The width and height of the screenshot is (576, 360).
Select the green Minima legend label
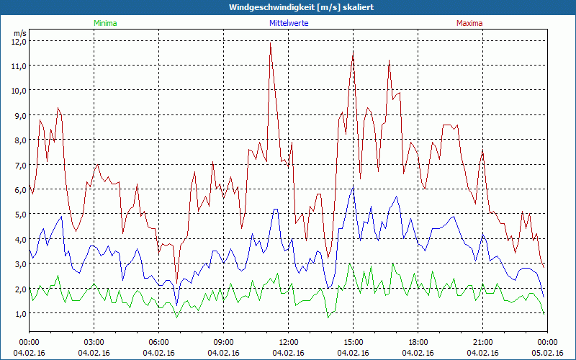click(x=104, y=23)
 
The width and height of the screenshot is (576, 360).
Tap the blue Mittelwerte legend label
click(x=289, y=23)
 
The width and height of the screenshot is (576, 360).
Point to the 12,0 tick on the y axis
click(x=19, y=41)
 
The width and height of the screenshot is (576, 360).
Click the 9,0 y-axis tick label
click(x=19, y=115)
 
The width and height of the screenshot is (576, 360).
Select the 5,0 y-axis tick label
click(x=19, y=214)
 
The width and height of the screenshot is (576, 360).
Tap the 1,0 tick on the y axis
click(x=19, y=313)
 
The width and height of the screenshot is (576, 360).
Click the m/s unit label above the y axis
click(x=19, y=33)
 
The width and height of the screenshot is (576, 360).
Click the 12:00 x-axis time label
click(x=289, y=342)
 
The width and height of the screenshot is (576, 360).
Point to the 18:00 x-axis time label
click(x=418, y=342)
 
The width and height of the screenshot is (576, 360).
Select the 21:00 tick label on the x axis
click(x=482, y=342)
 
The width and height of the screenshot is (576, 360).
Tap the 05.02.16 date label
click(x=547, y=353)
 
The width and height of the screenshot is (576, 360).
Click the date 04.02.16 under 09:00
click(x=224, y=353)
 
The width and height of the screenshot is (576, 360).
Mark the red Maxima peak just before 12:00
click(x=271, y=44)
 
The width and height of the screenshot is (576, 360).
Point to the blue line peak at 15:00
click(x=353, y=187)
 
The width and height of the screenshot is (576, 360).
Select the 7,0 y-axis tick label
click(x=19, y=165)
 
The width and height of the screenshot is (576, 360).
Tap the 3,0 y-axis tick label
click(x=19, y=264)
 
